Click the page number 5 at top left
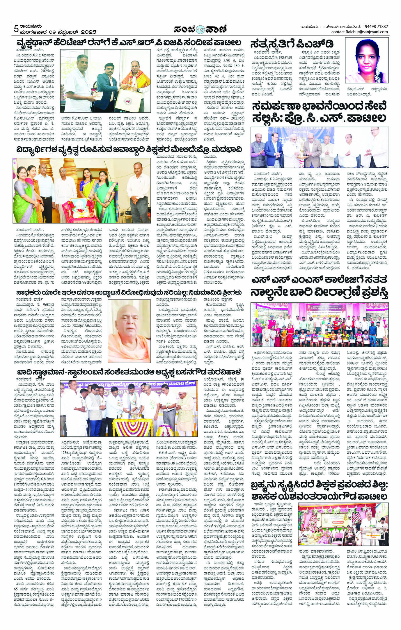point(17,29)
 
